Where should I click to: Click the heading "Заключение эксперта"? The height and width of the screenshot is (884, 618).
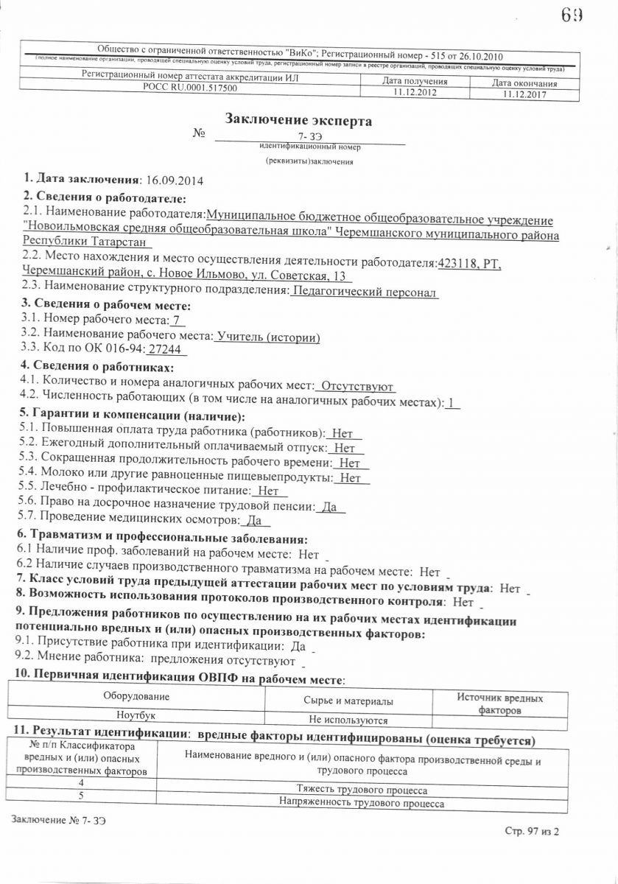point(298,120)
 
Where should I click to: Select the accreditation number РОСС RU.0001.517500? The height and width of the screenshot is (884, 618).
point(190,88)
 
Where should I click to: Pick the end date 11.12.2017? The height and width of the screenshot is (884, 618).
point(524,94)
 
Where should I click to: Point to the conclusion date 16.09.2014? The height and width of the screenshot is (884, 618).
point(175,180)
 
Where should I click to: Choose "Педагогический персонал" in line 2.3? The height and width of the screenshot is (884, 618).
point(365,292)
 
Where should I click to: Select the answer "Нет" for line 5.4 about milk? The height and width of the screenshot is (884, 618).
point(351,477)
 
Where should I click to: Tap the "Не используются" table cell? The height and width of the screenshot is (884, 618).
point(348,720)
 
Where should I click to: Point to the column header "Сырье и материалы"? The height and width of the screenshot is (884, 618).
point(348,701)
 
